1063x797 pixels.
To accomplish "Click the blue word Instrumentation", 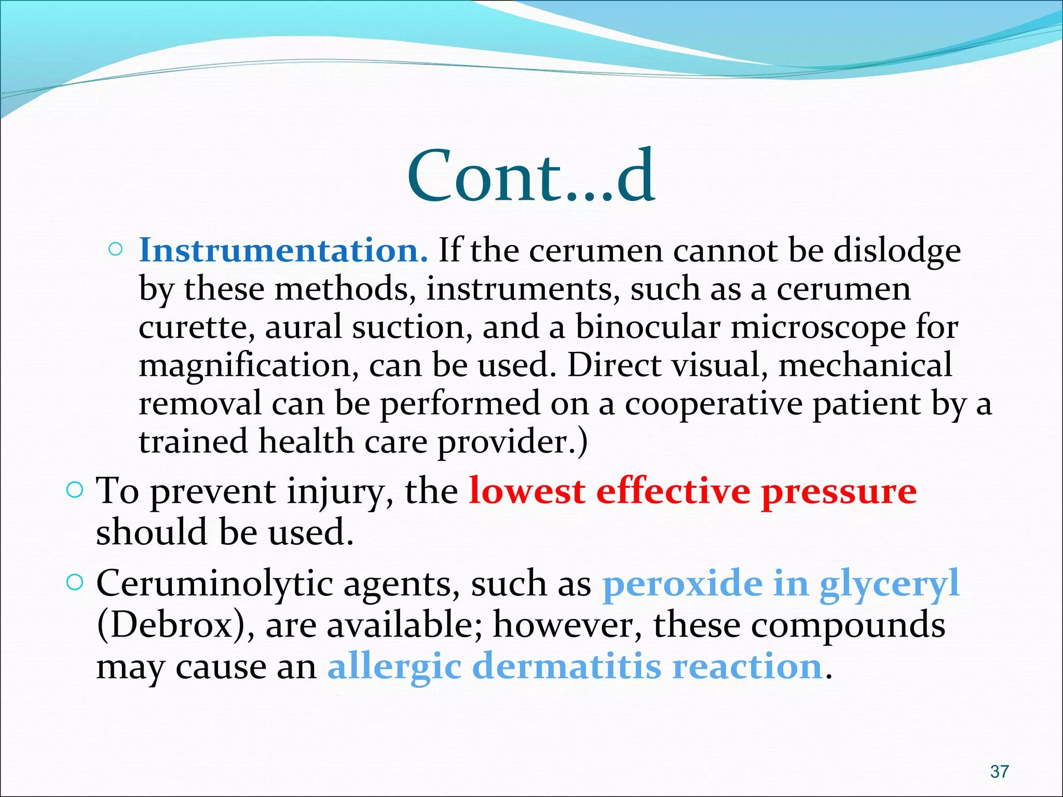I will coord(283,251).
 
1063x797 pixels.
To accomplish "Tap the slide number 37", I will coord(999,772).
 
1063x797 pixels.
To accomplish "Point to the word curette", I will coord(196,328).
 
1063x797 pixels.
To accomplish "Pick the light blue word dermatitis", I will coord(568,666).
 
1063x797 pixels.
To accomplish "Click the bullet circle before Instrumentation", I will coord(116,250).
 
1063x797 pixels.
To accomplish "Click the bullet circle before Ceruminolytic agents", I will coord(75,583).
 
